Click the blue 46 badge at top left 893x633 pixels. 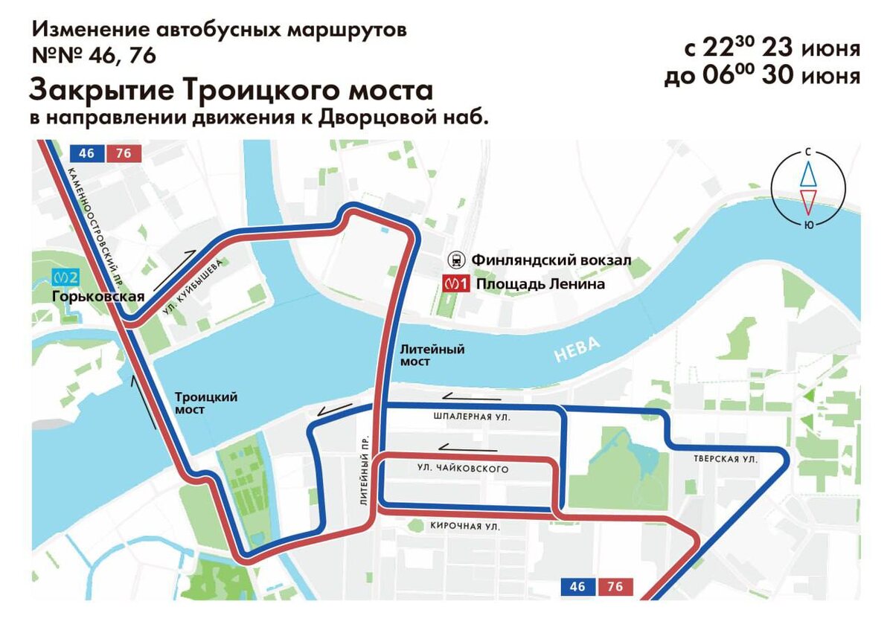click(x=86, y=153)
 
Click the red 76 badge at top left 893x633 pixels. click(x=124, y=153)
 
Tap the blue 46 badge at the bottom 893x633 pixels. click(x=577, y=587)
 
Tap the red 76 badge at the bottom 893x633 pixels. click(x=615, y=587)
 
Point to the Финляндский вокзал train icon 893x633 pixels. click(x=455, y=260)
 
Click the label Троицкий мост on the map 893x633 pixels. click(x=205, y=403)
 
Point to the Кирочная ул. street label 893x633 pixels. click(x=464, y=526)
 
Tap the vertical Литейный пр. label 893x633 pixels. click(x=364, y=469)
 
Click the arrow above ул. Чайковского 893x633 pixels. click(x=467, y=448)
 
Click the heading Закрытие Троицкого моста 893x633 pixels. click(x=231, y=91)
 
